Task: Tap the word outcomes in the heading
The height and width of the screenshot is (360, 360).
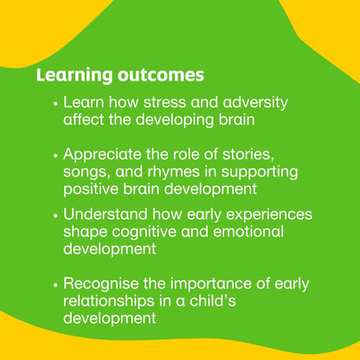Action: pos(158,74)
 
